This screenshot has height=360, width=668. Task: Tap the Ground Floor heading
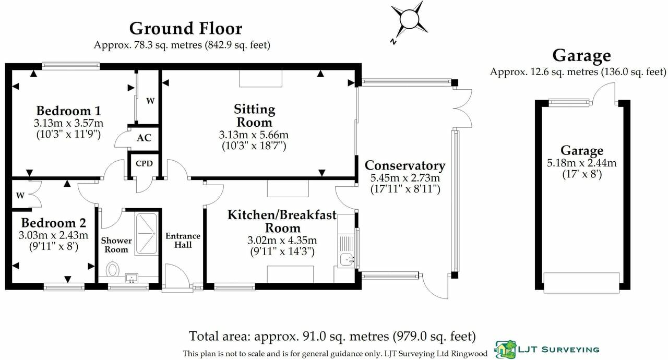pos(185,28)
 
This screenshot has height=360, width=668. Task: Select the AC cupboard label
pos(144,138)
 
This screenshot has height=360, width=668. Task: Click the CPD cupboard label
pos(144,163)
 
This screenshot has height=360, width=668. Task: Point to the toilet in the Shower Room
pos(112,270)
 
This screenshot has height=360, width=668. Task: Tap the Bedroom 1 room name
pos(68,111)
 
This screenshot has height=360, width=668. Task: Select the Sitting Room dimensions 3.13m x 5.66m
pos(254,135)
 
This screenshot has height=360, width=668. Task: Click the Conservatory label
pos(404,165)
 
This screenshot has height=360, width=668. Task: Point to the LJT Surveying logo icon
pos(505,349)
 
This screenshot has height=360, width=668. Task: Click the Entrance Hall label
pos(183,240)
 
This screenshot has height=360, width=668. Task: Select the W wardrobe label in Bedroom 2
pos(20,196)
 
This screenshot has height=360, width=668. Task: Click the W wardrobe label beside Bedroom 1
pos(150,101)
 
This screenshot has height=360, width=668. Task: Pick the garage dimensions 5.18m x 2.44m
pos(581,163)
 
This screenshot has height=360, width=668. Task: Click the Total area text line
pos(332,335)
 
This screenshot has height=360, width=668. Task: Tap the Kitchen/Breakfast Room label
pos(282,221)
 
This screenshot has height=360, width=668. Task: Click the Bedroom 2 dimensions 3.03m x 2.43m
pos(54,235)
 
